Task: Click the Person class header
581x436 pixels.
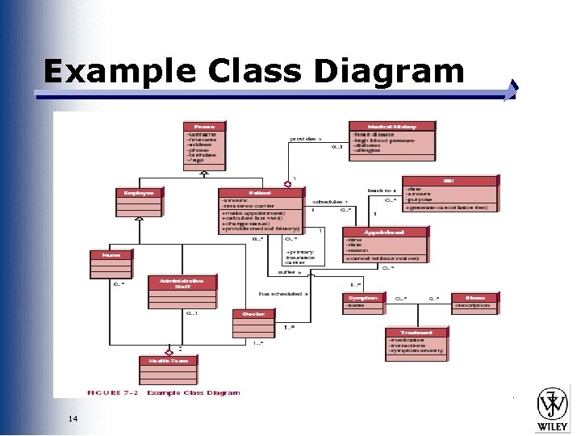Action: (205, 126)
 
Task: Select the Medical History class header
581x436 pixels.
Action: (392, 126)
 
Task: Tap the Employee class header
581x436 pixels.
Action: (139, 192)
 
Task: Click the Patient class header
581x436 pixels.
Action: (260, 193)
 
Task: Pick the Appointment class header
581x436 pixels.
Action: (385, 232)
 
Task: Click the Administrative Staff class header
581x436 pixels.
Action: (176, 283)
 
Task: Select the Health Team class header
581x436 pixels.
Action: (169, 360)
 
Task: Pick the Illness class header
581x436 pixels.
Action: (480, 298)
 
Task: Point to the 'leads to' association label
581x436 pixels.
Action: (381, 190)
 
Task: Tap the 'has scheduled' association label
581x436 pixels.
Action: (279, 294)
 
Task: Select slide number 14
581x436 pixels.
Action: (73, 418)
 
